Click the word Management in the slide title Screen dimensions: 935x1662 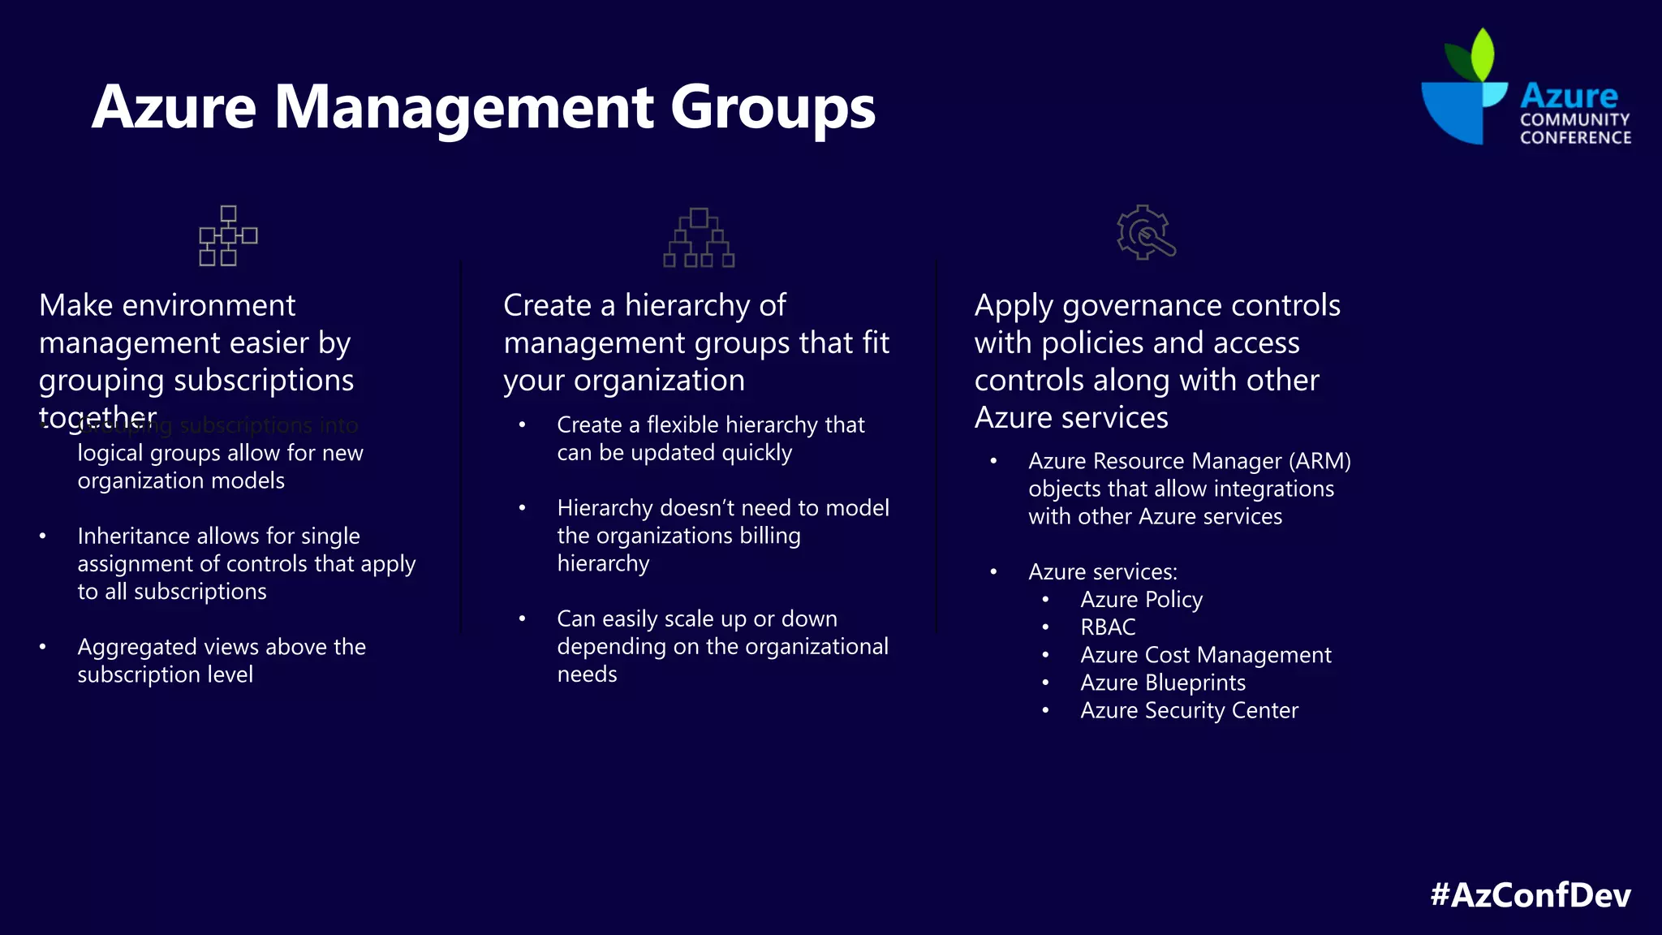pos(463,107)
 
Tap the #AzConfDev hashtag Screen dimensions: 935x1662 pos(1530,894)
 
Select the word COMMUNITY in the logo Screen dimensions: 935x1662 pos(1574,119)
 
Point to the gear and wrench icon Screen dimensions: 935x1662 pos(1145,233)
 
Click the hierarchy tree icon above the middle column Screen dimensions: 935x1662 pos(699,238)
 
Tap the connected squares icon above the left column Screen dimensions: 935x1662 pos(228,236)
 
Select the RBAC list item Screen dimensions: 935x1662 pos(1108,627)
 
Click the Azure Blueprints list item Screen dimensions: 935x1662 pos(1162,683)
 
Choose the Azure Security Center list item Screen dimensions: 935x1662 pos(1189,710)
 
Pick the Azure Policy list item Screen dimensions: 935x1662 pos(1141,600)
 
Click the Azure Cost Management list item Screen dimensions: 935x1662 pos(1205,655)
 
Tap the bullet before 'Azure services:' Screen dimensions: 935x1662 pos(993,572)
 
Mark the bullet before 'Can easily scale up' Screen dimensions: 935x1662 pos(523,619)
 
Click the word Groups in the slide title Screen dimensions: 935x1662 pos(773,107)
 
